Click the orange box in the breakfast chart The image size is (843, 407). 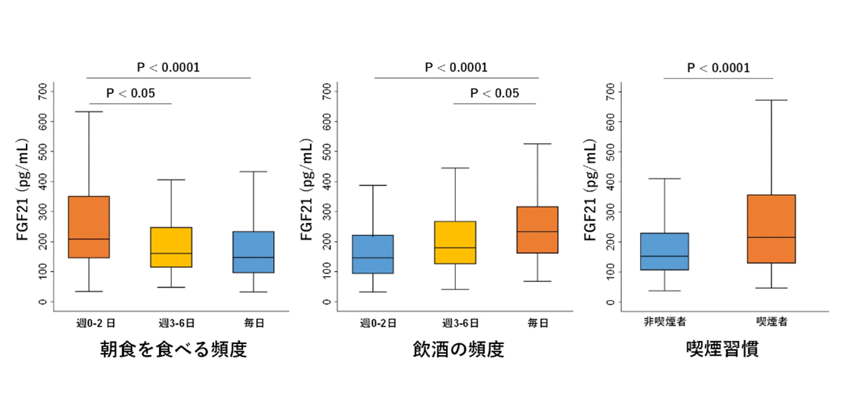89,226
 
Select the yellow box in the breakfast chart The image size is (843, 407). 171,247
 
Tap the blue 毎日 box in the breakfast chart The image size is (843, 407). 253,251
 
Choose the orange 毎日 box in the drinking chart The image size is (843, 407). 538,229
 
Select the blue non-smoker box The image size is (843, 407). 664,251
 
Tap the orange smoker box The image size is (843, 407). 771,228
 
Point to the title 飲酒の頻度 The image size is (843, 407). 458,350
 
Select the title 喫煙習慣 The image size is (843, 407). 722,350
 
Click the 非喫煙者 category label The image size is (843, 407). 664,322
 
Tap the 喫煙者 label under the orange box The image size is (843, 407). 772,322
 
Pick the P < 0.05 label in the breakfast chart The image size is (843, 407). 130,93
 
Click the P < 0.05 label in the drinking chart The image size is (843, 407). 494,93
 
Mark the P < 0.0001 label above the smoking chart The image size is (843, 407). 718,68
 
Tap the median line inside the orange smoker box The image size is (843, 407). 771,237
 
